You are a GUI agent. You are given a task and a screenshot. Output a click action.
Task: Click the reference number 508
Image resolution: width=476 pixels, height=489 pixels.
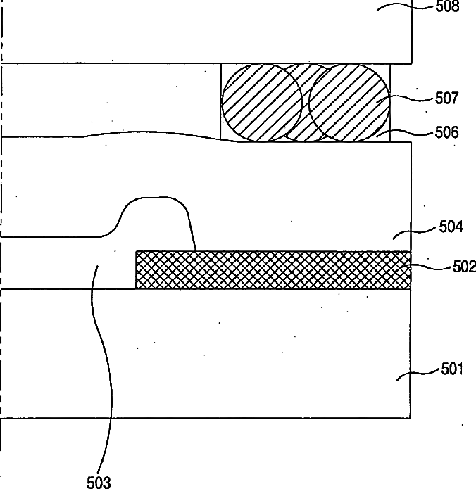(x=447, y=6)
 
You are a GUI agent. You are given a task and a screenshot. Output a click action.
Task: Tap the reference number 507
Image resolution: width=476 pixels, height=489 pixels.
(x=447, y=98)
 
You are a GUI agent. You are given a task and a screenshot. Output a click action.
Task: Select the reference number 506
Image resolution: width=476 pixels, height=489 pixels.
(x=447, y=132)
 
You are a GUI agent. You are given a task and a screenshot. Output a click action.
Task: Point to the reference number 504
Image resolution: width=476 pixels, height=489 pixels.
(x=451, y=227)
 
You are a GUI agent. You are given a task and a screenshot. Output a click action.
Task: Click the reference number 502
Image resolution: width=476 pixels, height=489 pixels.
(x=465, y=267)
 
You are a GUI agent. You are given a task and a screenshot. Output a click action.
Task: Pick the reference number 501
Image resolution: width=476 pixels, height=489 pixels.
(x=452, y=369)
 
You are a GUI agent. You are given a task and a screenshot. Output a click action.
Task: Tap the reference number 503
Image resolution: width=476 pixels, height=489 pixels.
(x=99, y=482)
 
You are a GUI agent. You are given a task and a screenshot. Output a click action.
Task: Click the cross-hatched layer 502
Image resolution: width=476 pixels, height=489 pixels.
(x=273, y=270)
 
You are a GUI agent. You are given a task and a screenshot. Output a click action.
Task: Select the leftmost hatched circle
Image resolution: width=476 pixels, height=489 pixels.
(x=262, y=103)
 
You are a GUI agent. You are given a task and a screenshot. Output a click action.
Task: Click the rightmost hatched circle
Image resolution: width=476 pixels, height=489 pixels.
(x=349, y=103)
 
